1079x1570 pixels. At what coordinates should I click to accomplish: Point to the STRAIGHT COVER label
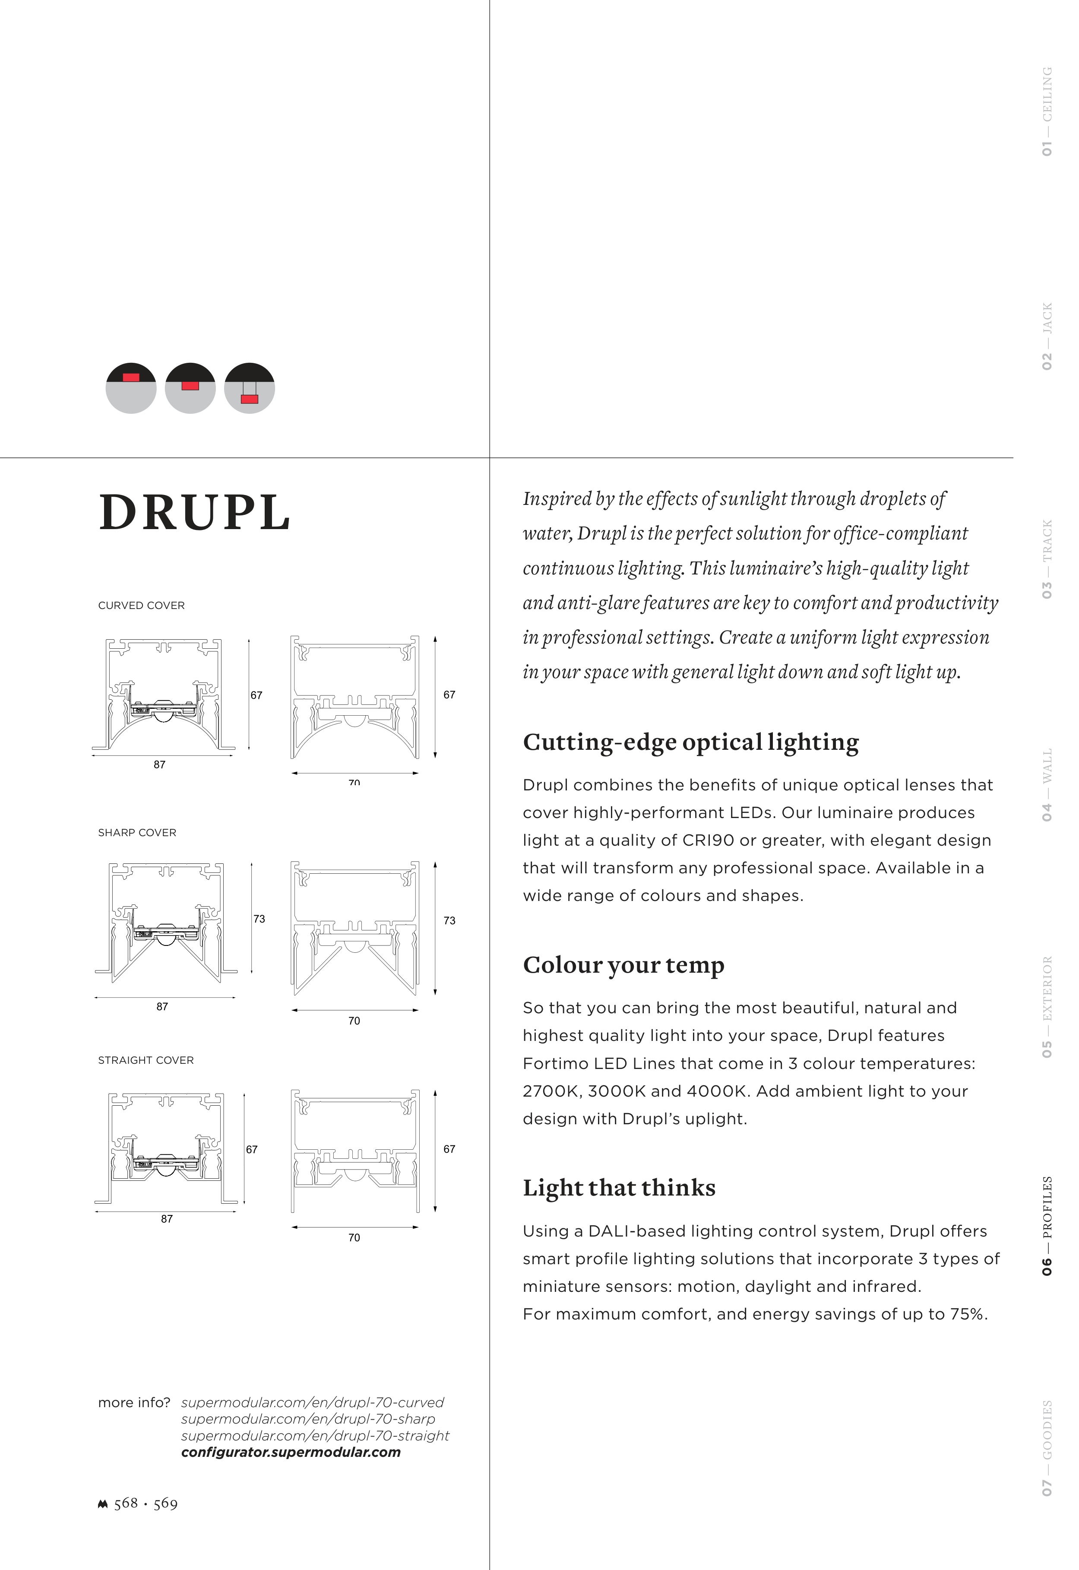tap(146, 1060)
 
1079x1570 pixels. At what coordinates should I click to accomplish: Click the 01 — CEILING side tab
tap(1047, 111)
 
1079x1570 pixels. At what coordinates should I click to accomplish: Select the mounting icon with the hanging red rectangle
tap(250, 388)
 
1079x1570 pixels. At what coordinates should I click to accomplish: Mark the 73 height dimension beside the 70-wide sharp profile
tap(449, 920)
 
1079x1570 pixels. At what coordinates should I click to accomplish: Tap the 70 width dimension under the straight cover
tap(354, 1237)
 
